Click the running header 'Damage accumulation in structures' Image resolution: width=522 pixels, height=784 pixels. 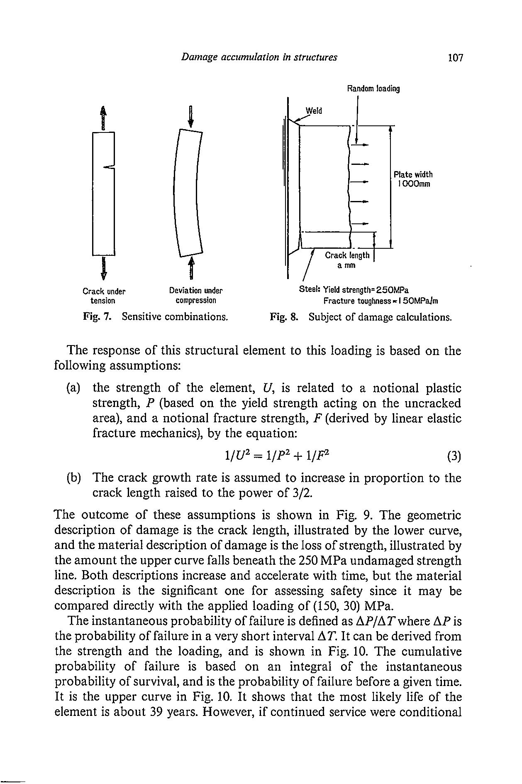pos(259,57)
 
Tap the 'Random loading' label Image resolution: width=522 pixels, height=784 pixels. pos(373,89)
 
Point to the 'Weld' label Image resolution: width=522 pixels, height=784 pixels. pos(314,111)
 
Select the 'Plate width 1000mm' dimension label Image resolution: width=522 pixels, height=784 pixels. pos(413,179)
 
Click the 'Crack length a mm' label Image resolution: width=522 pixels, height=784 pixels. pos(347,260)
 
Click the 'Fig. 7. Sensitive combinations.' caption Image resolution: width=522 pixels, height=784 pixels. pos(156,317)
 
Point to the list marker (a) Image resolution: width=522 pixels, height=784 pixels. pos(73,388)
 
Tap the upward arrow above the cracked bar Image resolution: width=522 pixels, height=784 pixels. pos(103,117)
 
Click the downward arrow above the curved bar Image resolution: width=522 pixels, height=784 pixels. pos(190,116)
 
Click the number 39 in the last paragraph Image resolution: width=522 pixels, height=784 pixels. pos(155,712)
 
